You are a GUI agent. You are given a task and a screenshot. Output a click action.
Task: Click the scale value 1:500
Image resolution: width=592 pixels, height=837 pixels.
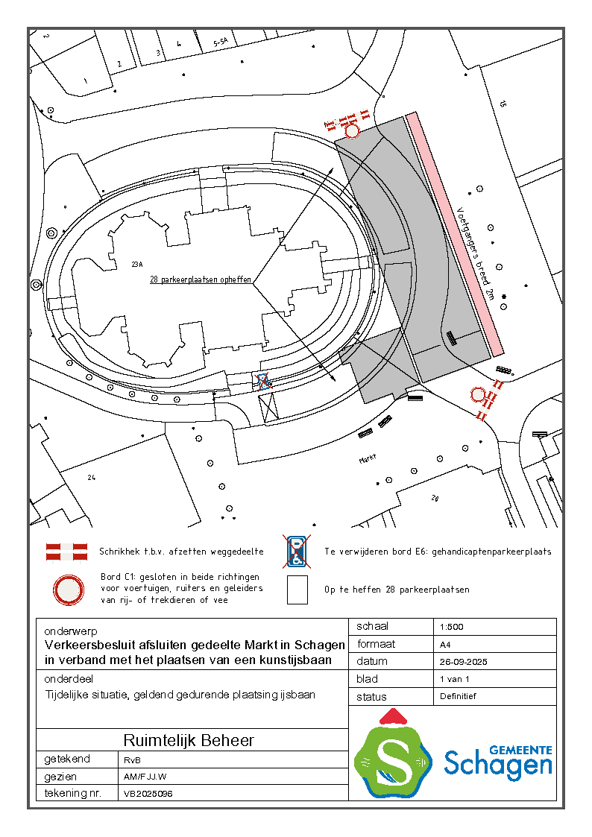click(452, 627)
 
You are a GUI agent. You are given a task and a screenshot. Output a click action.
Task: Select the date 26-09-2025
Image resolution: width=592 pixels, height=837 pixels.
click(463, 662)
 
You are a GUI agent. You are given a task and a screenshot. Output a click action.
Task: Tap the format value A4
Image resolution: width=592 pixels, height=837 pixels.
click(445, 644)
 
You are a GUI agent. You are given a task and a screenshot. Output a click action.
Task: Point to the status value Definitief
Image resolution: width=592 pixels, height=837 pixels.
click(458, 696)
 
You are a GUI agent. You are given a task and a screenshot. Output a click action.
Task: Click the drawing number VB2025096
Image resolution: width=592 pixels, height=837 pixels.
click(148, 794)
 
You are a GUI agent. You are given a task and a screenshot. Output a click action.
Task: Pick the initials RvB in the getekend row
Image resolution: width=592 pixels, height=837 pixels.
click(132, 760)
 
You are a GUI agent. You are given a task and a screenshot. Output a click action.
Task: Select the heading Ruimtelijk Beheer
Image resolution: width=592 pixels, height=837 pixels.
click(189, 740)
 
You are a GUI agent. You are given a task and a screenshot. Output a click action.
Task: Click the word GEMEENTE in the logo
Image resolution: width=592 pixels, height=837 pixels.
click(520, 750)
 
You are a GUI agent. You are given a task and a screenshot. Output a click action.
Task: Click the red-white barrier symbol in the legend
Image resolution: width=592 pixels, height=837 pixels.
click(66, 552)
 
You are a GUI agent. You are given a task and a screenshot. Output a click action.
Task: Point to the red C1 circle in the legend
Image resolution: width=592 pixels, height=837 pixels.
click(69, 590)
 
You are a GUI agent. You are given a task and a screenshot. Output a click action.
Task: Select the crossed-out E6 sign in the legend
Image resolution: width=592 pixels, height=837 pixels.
click(297, 552)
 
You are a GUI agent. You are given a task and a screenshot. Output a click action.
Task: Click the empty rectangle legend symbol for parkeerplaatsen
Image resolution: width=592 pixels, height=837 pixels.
click(297, 590)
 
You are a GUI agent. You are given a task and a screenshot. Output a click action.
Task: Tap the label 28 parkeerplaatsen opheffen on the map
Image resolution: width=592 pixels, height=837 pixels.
click(201, 279)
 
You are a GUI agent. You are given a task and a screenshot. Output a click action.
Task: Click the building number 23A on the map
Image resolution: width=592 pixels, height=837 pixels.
click(137, 265)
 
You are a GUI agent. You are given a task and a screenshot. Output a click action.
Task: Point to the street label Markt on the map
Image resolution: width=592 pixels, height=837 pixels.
click(368, 458)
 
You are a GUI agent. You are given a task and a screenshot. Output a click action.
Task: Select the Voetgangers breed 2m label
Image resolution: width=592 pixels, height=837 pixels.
click(476, 253)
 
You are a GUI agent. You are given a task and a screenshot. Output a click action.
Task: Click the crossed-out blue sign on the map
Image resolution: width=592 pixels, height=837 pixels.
click(263, 382)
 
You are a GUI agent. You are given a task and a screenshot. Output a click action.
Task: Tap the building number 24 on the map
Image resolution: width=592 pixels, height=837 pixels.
click(91, 477)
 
